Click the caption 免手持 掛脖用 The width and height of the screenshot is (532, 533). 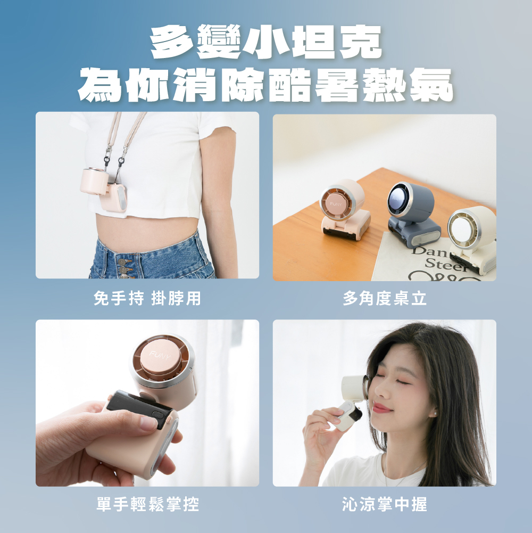[x=147, y=298]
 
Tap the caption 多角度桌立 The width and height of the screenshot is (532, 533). [x=385, y=298]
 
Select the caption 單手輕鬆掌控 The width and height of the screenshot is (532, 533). [x=147, y=504]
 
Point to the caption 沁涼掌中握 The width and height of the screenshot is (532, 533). [x=385, y=504]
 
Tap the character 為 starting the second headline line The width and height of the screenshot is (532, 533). [x=99, y=85]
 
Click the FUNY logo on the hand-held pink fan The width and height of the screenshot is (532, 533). [x=160, y=355]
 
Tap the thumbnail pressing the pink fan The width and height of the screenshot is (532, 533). [x=148, y=423]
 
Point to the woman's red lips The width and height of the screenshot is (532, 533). [x=382, y=407]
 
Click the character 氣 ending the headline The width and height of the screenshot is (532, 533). [x=431, y=85]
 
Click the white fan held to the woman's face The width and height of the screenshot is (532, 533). [x=353, y=401]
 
